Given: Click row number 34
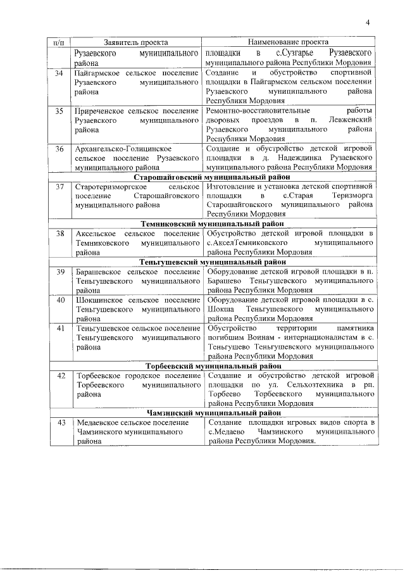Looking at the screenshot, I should [x=59, y=73].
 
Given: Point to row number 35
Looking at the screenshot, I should [x=59, y=111].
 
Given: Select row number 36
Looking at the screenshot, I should [x=59, y=149].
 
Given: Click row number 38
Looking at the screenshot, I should [x=59, y=234].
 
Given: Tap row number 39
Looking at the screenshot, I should [x=59, y=272].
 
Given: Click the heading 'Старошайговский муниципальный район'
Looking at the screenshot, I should [x=213, y=177].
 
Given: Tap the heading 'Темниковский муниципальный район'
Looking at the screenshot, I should [x=213, y=224].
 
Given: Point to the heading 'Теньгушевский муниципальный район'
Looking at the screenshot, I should [x=213, y=262].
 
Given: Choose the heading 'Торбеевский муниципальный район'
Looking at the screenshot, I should [x=213, y=366].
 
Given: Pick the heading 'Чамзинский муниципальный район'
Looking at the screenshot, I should [x=213, y=413].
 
